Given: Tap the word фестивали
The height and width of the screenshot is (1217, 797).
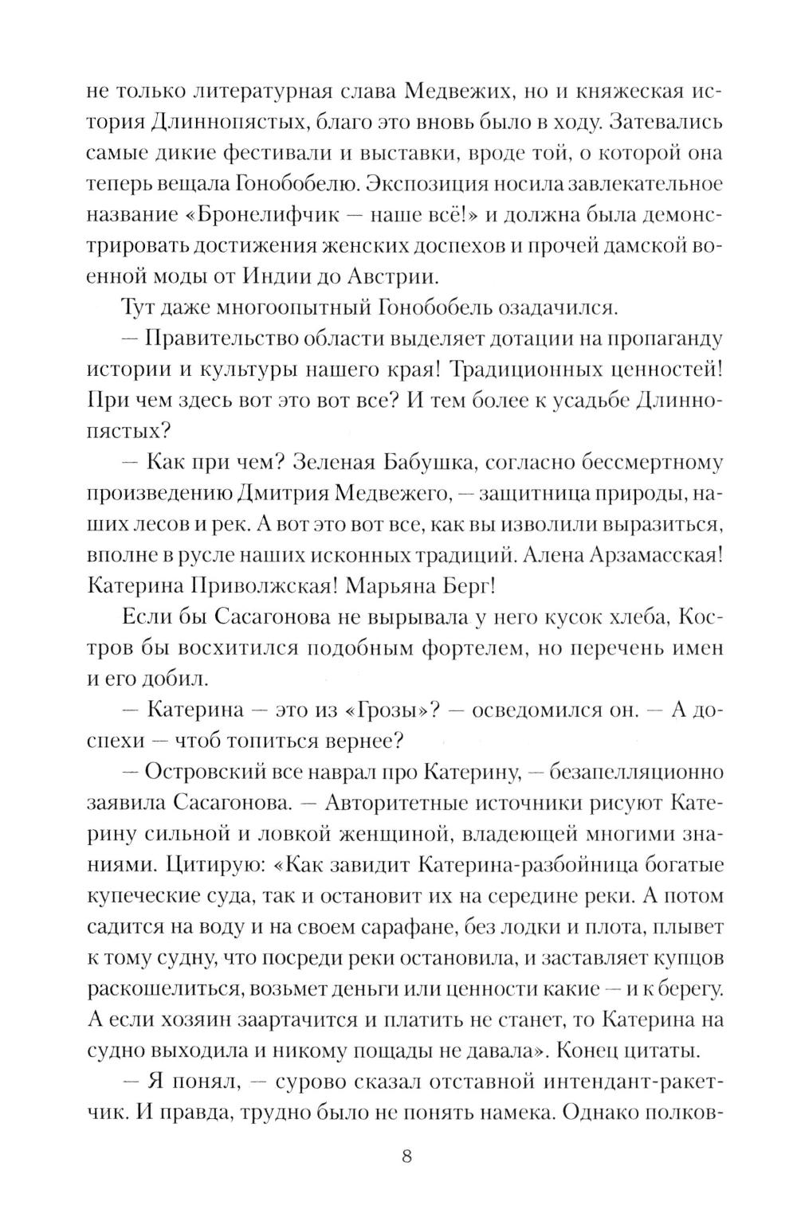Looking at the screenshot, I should coord(289,153).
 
